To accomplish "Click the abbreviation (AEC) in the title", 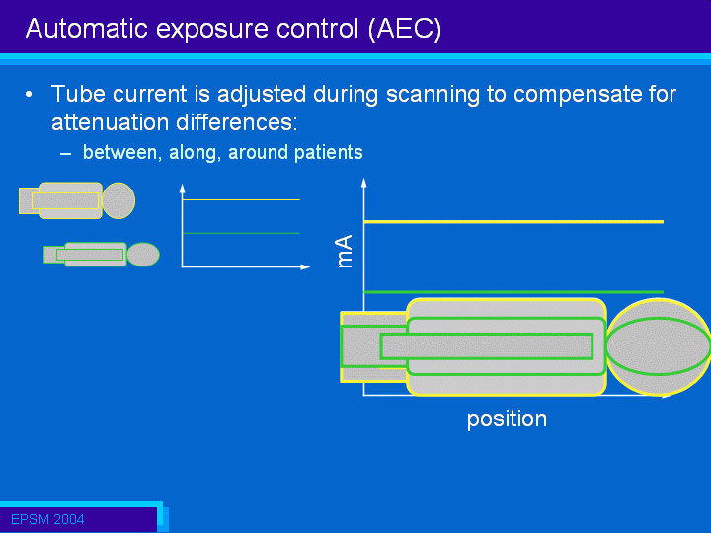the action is [405, 29].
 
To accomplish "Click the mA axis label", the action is [345, 251].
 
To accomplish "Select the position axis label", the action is [507, 419].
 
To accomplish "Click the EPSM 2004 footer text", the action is [47, 519].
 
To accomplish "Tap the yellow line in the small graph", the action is [241, 199].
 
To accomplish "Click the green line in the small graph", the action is [241, 233].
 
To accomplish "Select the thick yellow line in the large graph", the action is [513, 222].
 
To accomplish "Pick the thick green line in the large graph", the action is [513, 292].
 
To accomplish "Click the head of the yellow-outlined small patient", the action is [118, 200].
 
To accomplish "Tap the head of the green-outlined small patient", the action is [143, 255].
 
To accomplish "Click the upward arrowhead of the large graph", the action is [363, 183].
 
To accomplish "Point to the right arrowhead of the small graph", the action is [305, 266].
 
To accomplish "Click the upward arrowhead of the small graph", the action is [183, 189].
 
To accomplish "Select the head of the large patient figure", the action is [659, 346].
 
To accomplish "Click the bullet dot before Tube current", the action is [29, 95].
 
